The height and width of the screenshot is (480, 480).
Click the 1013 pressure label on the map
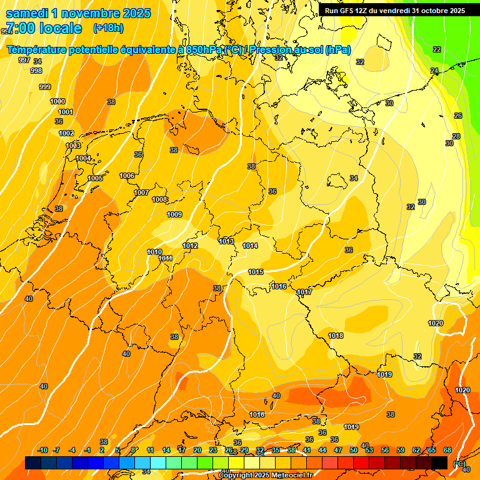226,241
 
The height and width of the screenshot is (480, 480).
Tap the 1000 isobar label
57,101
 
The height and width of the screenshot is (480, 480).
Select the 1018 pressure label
336,336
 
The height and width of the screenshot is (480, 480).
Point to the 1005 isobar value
95,178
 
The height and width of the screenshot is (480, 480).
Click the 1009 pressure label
174,214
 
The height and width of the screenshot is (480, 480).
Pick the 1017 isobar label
304,292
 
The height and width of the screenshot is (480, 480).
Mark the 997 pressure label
24,60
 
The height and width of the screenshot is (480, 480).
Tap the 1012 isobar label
190,246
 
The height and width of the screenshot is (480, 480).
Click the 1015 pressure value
256,271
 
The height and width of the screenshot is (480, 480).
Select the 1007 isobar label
141,192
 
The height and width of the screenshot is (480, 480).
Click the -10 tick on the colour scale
42,450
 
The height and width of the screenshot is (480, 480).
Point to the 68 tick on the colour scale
447,450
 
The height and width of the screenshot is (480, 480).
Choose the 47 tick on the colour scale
337,450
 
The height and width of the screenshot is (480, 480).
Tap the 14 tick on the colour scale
166,450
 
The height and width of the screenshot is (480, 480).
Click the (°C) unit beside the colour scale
458,464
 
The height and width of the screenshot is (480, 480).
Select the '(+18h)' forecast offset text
108,28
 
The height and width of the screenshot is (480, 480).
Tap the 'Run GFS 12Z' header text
349,11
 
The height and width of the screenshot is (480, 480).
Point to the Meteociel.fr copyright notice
265,476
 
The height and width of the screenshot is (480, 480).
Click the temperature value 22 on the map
437,49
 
